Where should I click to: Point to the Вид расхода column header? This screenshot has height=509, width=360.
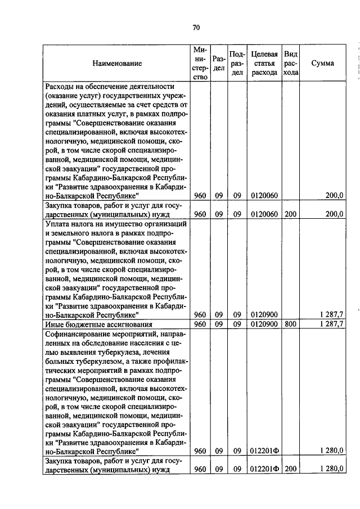tap(291, 64)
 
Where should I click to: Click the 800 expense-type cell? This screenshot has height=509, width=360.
tap(290, 325)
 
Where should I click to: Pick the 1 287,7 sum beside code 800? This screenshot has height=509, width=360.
tap(331, 325)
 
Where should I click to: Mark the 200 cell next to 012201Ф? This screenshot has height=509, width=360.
tap(290, 469)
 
